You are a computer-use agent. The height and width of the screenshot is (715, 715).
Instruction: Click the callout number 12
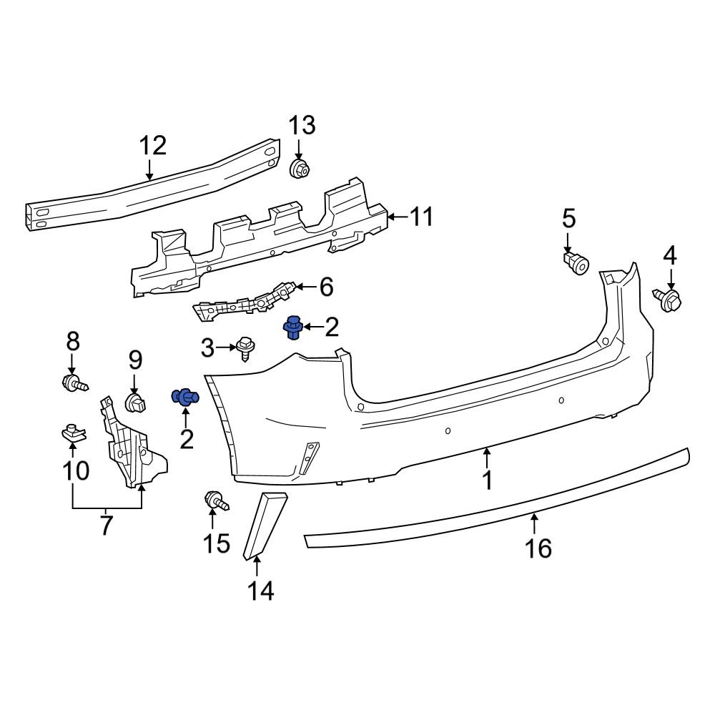coord(152,146)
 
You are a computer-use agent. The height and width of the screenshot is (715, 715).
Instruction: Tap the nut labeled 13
coord(300,170)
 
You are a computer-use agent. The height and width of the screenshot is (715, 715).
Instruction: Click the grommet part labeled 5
coord(576,262)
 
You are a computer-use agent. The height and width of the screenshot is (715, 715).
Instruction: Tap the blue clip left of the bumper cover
coord(186,398)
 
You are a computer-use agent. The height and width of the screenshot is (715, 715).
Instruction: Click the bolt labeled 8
coord(74,383)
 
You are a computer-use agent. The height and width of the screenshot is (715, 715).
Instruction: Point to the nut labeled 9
coord(134,403)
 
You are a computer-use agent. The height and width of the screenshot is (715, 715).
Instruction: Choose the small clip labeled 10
coord(71,432)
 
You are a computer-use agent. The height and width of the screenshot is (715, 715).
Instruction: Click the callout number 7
coord(107,526)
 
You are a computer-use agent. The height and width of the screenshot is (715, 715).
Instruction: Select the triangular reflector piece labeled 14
coord(265,522)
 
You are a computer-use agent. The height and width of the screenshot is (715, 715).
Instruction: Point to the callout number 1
coord(487,480)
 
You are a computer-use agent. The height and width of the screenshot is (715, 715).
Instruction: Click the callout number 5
coord(568,217)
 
